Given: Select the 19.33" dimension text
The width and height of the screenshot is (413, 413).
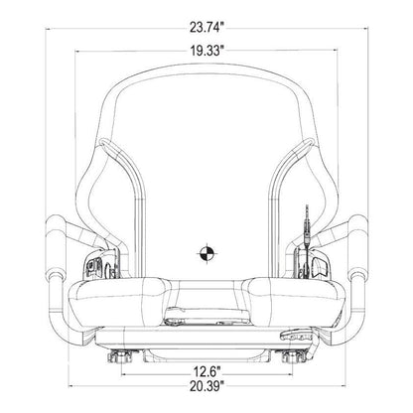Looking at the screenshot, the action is [206, 51].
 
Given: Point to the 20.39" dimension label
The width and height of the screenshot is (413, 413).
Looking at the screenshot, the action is [206, 386].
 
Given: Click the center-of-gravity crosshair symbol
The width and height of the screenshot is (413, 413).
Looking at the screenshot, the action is [207, 253].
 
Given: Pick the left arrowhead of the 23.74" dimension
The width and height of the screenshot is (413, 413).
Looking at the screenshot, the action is [49, 29].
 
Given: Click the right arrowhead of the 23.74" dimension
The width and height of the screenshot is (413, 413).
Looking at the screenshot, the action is [365, 29].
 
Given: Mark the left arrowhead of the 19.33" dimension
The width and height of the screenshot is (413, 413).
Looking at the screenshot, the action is [78, 51].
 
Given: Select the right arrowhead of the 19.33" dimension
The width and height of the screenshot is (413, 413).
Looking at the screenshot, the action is [335, 51].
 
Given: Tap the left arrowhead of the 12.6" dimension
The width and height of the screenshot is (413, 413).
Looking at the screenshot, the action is [125, 374].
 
